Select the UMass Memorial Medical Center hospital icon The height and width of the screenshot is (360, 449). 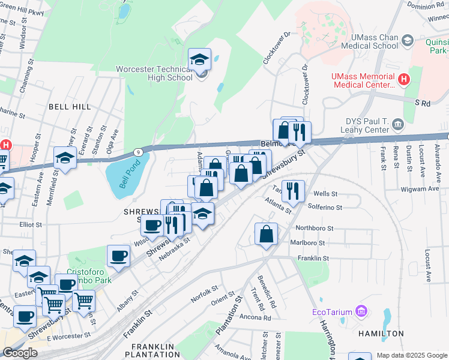(x=404, y=79)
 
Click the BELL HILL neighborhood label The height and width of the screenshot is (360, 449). (x=70, y=107)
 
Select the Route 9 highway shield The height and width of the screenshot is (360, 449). (x=137, y=152)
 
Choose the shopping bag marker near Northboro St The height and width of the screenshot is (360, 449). (x=266, y=235)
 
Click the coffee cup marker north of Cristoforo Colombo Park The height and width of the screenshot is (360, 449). (x=118, y=256)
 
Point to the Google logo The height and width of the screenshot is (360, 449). (x=20, y=353)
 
